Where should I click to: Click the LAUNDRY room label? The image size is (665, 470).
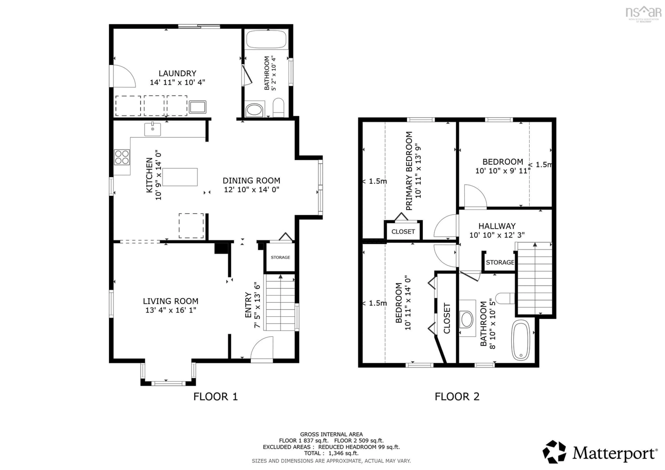(177, 73)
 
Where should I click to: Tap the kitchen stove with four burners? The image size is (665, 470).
(122, 157)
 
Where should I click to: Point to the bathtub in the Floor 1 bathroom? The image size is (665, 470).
(266, 39)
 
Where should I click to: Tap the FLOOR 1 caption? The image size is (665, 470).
(215, 396)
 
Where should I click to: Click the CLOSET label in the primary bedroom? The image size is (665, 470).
(403, 232)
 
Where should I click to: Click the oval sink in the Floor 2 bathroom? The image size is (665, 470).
(467, 319)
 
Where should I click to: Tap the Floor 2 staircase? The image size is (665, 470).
(535, 280)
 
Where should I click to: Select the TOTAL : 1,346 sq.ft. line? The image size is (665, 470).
(331, 453)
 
